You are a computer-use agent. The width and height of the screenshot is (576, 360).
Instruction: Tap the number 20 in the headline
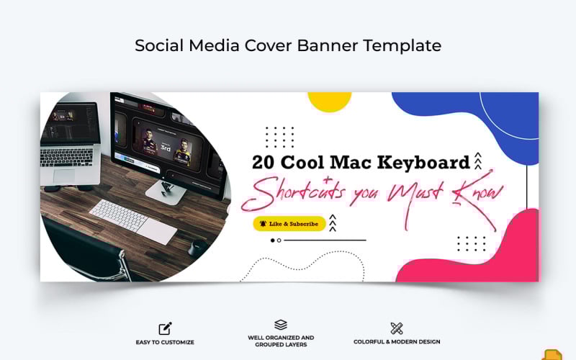(x=265, y=162)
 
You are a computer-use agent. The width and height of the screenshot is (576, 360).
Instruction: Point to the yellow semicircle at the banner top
(x=329, y=101)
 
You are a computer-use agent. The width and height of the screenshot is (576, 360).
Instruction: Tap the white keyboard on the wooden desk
(x=133, y=220)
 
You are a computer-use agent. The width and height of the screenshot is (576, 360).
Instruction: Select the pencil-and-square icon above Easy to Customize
(x=166, y=328)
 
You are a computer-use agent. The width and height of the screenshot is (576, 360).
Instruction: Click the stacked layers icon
(x=281, y=325)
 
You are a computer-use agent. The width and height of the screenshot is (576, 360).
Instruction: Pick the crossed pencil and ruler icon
(x=396, y=328)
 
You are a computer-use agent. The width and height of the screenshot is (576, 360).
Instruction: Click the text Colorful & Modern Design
(x=397, y=342)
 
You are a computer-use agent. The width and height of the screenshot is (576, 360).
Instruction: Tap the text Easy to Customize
(x=166, y=342)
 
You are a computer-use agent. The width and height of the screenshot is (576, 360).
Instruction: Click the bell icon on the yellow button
(x=264, y=224)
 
